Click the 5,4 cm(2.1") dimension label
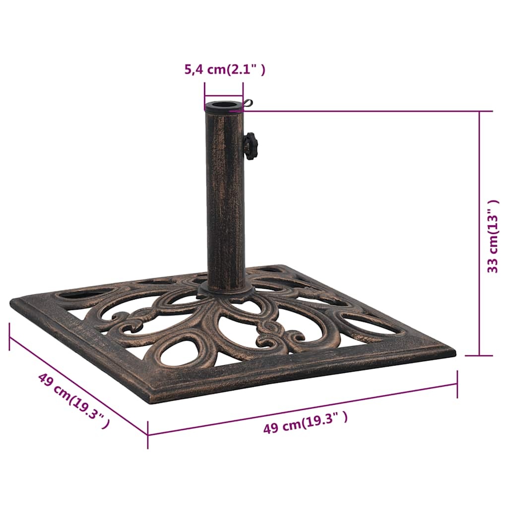click(225, 69)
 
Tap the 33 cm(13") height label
click(493, 236)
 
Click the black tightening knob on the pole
click(251, 146)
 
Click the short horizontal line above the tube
click(223, 97)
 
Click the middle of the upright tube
click(226, 198)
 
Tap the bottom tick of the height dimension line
click(479, 355)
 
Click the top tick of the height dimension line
click(479, 111)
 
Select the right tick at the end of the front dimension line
click(457, 383)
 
